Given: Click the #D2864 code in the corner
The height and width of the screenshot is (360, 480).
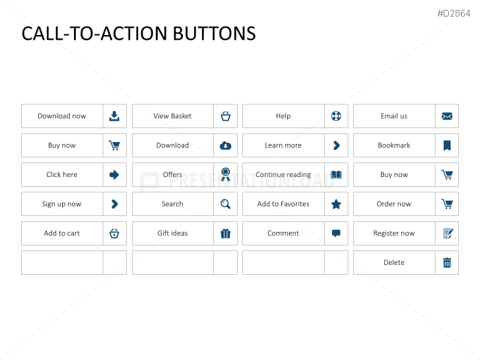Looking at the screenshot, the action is pos(454,13).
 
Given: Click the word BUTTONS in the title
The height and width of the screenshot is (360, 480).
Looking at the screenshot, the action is pos(215,34).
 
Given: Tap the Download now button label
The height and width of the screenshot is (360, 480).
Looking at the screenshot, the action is pos(62,116).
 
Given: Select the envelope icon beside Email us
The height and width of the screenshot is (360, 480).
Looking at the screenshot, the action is pos(447,116).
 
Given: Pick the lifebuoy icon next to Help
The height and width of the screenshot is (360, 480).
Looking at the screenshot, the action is pos(336,116).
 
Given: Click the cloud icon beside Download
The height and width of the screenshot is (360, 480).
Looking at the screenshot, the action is pos(226,145).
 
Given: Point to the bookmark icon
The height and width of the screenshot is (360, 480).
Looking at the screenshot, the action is pos(447,145).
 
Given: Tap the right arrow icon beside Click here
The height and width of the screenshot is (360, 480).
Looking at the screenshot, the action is pos(114,174).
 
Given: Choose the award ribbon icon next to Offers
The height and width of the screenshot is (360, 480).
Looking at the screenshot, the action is pos(226,174).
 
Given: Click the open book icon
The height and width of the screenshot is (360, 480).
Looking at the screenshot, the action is pos(336,174).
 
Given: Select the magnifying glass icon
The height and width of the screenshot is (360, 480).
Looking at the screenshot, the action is pos(226,204).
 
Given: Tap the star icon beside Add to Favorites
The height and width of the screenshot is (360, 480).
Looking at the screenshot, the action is pos(336,204).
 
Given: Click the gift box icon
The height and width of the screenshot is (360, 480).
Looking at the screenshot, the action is pos(226,233).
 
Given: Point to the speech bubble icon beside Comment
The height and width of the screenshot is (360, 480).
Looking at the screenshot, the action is pos(336,233).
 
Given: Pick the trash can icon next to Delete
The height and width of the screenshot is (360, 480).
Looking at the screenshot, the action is pos(447,263).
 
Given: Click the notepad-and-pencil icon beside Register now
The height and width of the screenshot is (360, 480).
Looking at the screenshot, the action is pos(448,233).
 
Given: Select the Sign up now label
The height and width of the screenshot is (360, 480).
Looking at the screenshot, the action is pos(61,204).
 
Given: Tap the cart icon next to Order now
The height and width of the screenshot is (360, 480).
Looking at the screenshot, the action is pos(447,204).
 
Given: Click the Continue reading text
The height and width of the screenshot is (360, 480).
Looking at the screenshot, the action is pos(283,174).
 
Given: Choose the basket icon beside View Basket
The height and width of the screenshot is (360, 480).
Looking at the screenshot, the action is pos(226,116).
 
